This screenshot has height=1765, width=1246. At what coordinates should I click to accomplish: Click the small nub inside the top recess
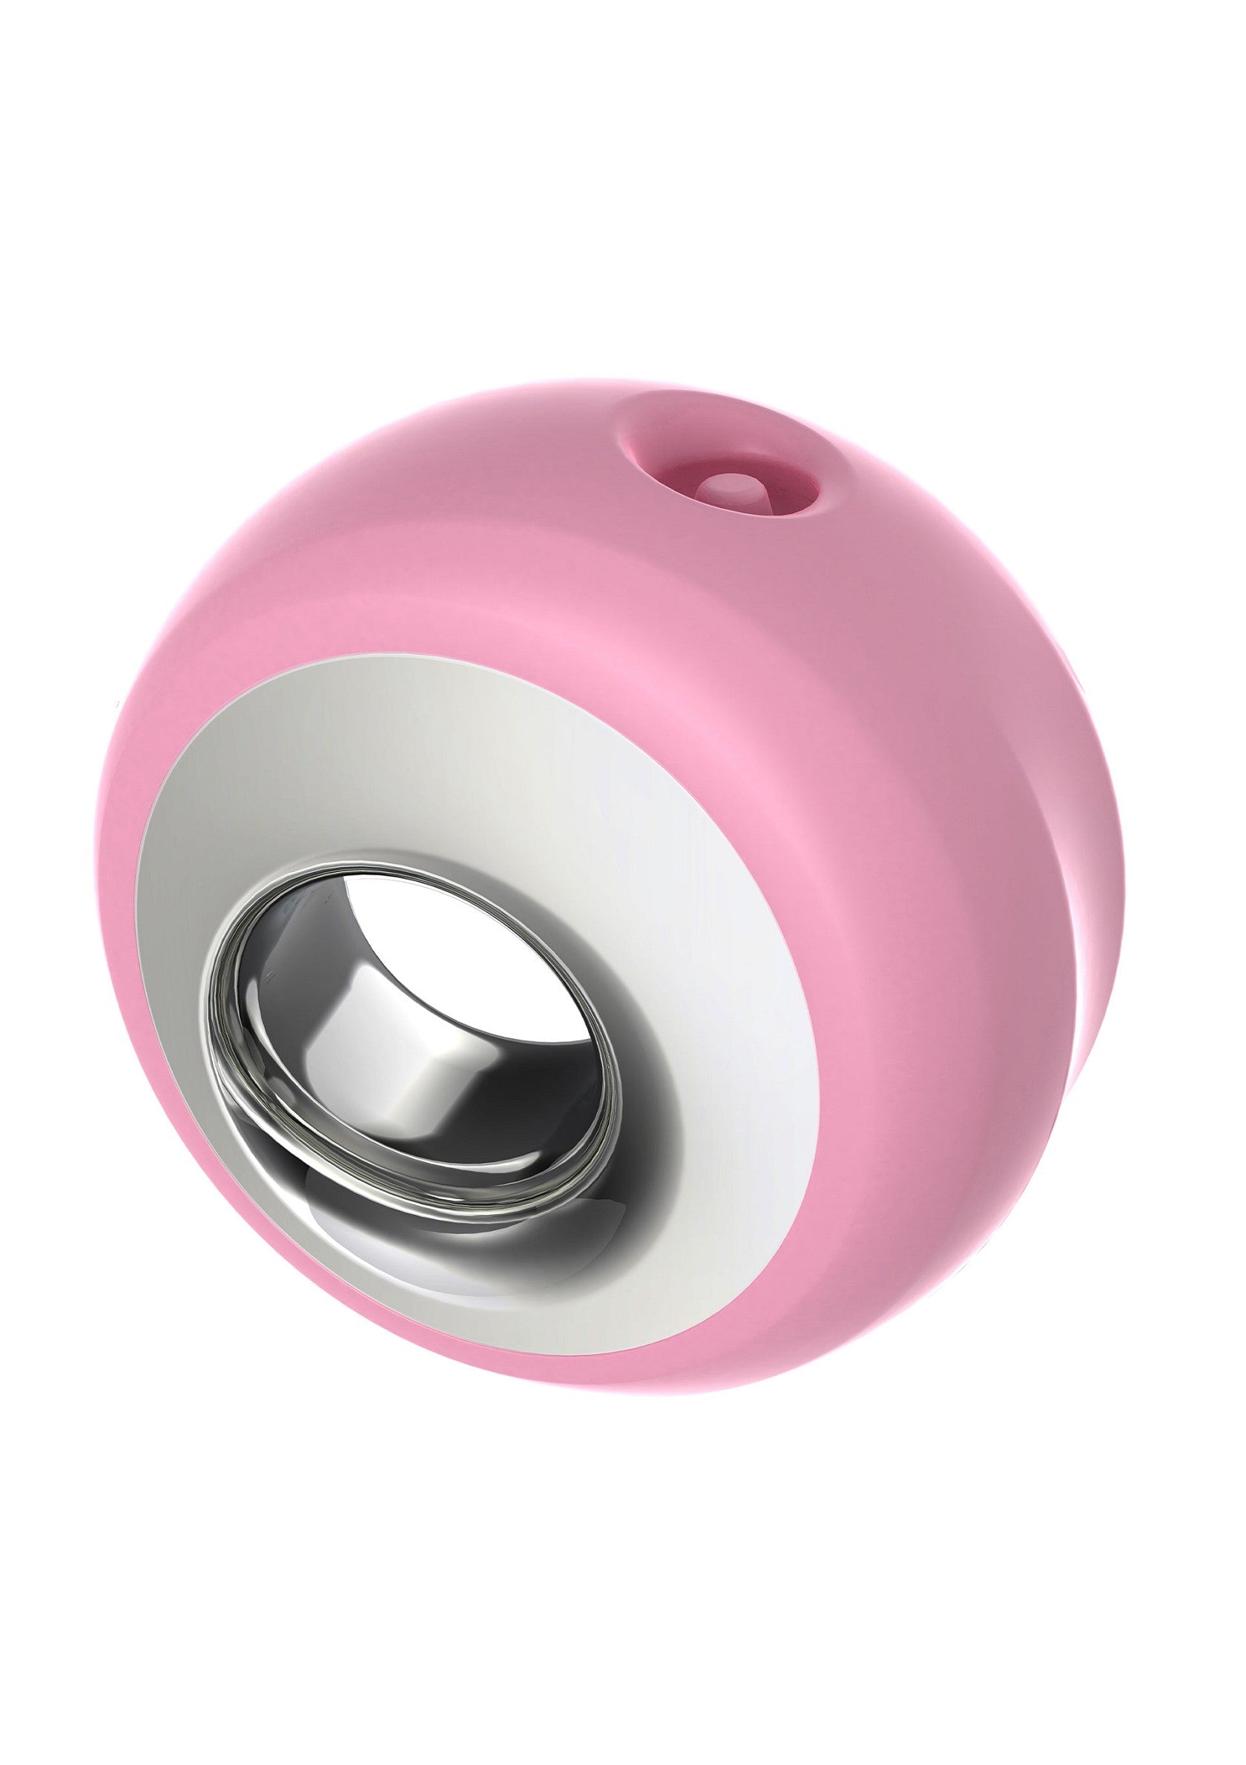(726, 485)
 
